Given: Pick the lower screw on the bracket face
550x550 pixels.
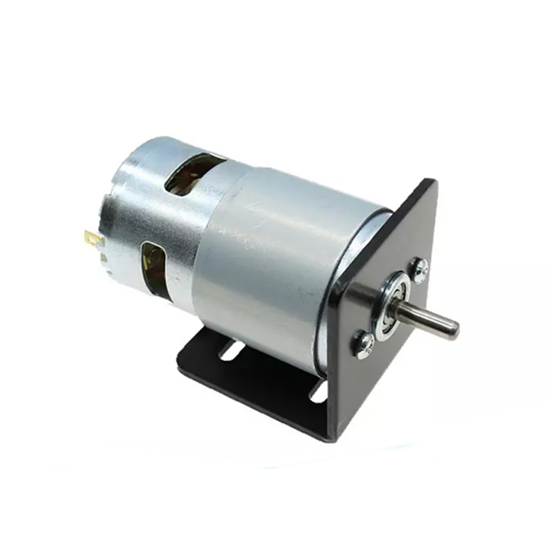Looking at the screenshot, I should tap(364, 345).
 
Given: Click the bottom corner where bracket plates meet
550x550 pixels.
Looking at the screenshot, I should tap(330, 438).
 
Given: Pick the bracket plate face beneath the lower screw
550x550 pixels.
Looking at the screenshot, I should tap(359, 390).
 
